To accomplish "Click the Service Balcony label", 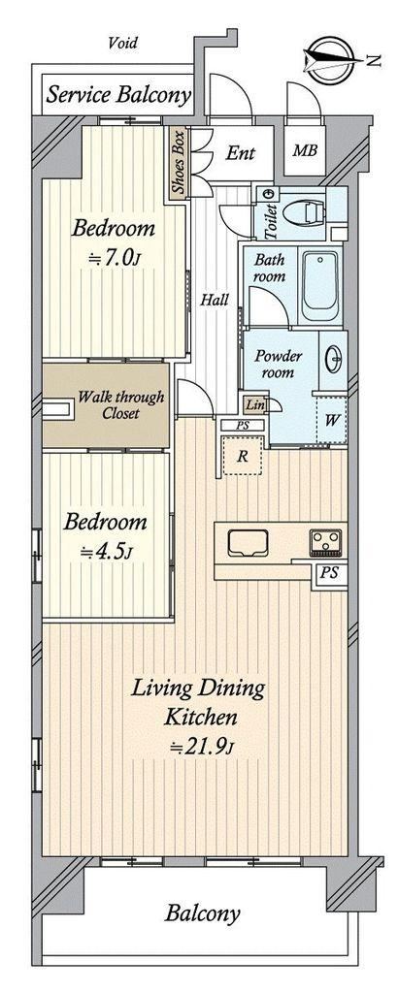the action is point(119,95).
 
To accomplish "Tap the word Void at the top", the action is point(122,43).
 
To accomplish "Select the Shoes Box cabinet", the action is point(178,162).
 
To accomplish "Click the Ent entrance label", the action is point(241,152).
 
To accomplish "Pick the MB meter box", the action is point(305,151).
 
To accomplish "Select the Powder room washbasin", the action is point(335,361).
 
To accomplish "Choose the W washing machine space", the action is point(331,419).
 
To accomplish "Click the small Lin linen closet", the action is point(255,404).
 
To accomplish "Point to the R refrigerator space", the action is point(242,455).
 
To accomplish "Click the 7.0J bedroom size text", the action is point(112,257).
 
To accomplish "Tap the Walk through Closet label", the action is point(120,405).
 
